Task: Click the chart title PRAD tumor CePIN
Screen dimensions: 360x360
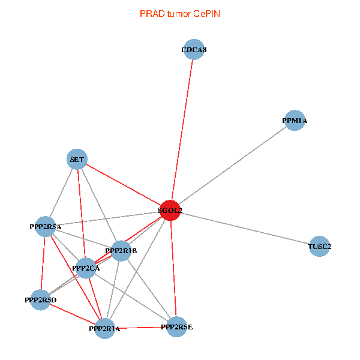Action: point(179,13)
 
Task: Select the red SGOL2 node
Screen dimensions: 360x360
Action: point(170,211)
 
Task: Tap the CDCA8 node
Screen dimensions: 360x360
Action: point(194,50)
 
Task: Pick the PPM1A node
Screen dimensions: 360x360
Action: point(295,121)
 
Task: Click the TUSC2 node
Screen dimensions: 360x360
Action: point(319,246)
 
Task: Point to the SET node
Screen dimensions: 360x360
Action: point(77,159)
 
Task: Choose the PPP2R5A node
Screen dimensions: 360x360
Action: point(46,227)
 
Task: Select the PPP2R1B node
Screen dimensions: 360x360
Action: point(121,251)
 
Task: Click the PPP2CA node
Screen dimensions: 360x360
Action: point(86,268)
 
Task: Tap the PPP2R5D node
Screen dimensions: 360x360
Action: point(40,299)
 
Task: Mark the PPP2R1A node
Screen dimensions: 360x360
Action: point(105,328)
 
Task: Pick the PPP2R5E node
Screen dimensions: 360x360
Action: point(176,326)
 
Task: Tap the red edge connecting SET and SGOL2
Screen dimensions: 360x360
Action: point(123,185)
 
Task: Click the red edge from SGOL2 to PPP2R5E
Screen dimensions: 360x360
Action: point(173,270)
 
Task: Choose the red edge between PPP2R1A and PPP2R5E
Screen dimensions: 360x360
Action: point(141,328)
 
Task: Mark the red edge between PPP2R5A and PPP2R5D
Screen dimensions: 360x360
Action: point(43,263)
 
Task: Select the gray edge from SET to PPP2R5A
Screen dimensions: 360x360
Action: point(61,193)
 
